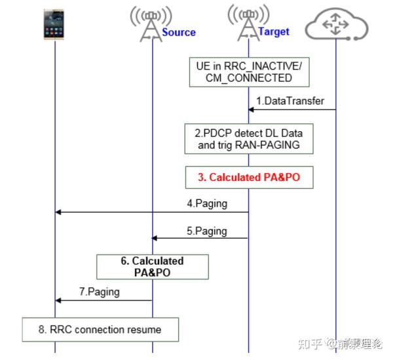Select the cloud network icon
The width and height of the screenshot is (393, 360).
[x=336, y=25]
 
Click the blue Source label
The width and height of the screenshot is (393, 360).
[x=179, y=32]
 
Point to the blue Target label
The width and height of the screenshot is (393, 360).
[x=274, y=31]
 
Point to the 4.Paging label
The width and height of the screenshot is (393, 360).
[x=207, y=203]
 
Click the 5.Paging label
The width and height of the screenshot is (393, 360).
[x=207, y=231]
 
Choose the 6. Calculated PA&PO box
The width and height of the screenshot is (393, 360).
[x=152, y=266]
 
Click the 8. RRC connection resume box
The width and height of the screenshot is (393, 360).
[x=100, y=329]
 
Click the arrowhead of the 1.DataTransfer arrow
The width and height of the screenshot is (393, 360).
[x=252, y=110]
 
